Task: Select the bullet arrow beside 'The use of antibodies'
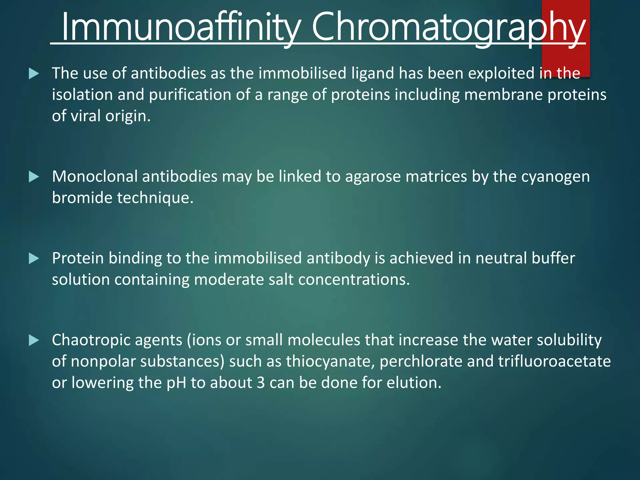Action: [34, 74]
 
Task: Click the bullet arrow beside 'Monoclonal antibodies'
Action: [34, 177]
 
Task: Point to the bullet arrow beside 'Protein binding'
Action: [34, 258]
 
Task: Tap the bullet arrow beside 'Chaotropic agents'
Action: [34, 340]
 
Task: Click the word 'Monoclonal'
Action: [95, 177]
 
